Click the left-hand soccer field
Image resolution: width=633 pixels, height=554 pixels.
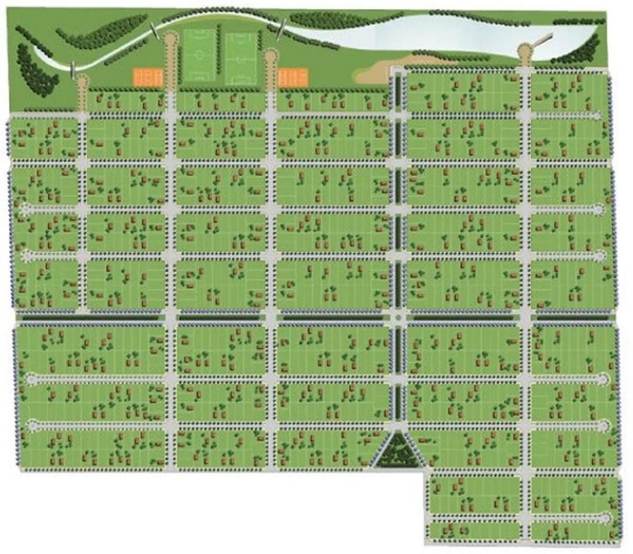[199, 55]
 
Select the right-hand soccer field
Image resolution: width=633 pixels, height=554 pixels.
[240, 58]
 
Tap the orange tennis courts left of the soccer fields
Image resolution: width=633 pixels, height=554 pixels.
[148, 78]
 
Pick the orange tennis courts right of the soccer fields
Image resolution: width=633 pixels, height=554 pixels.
[293, 78]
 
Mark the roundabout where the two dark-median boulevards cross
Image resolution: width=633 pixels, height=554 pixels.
[398, 318]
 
